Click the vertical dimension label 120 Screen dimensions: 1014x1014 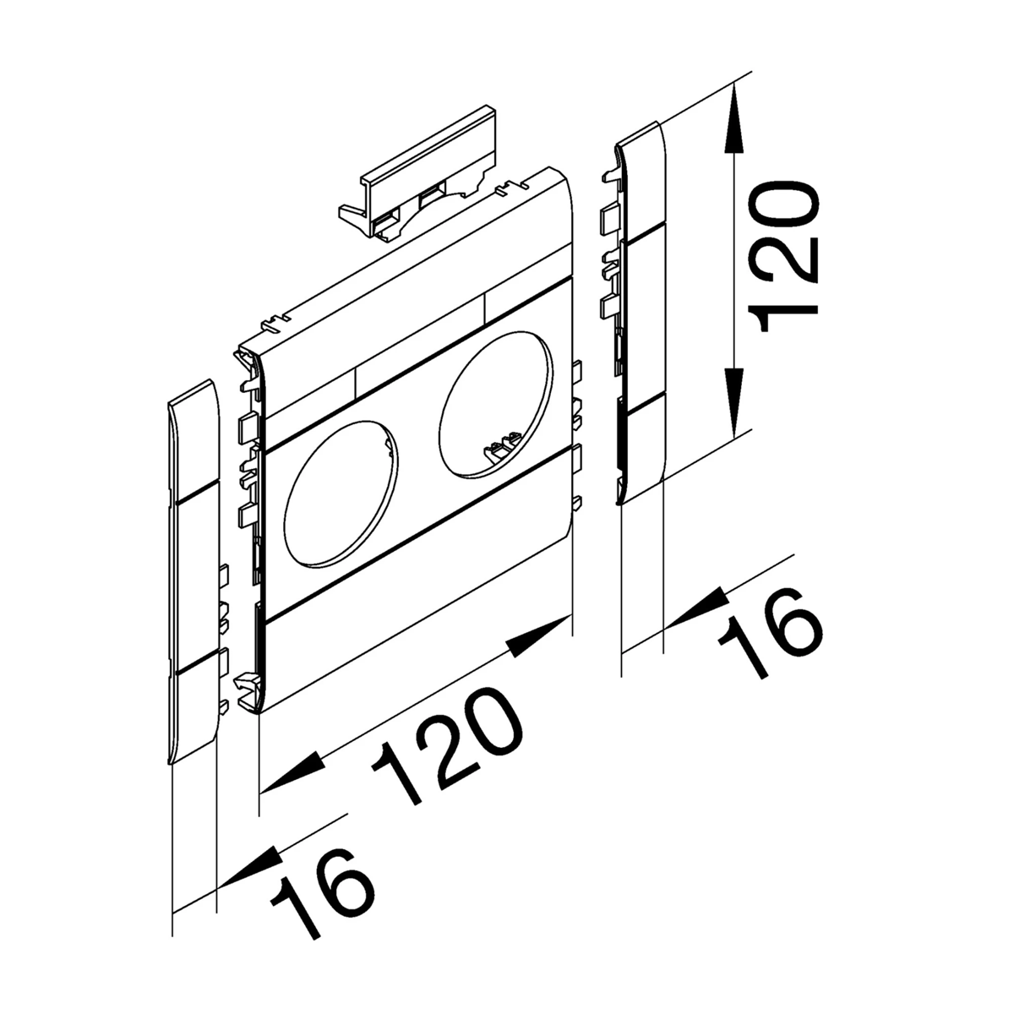click(x=784, y=259)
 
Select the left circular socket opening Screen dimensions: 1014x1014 click(x=341, y=493)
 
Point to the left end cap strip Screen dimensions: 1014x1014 click(x=194, y=571)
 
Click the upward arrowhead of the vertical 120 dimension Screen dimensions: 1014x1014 click(x=735, y=123)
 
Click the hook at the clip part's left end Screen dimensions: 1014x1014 click(x=355, y=217)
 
